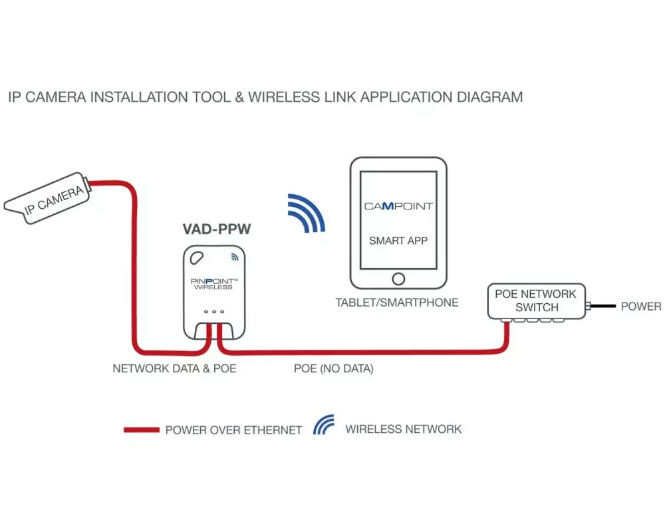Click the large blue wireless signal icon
307,213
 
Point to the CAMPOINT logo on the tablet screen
398,206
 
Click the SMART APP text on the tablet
398,241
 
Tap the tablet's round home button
398,278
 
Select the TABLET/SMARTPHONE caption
397,303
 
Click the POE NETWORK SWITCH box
536,301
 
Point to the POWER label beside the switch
640,307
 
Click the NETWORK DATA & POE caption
174,368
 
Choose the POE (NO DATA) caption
333,368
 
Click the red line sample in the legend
141,430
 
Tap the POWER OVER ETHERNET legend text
233,430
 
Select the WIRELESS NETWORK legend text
403,429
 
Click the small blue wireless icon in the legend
323,426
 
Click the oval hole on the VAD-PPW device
197,257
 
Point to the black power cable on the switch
602,307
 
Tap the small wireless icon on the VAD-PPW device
234,256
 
